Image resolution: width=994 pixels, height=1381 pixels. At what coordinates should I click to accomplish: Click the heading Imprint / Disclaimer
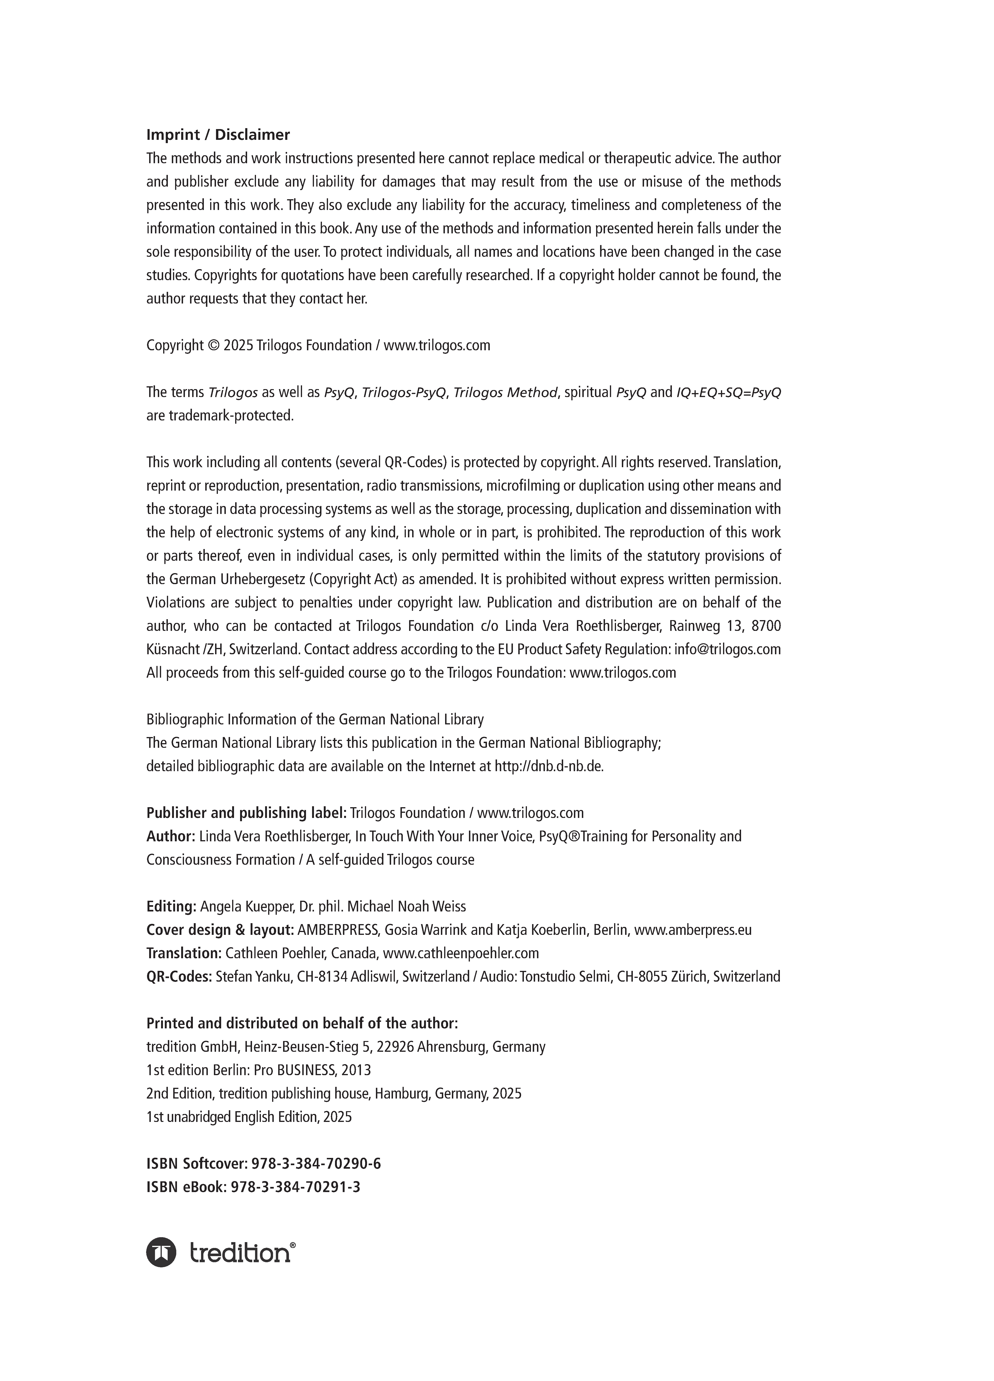[x=218, y=134]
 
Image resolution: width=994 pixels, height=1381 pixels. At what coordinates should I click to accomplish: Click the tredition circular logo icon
[x=161, y=1253]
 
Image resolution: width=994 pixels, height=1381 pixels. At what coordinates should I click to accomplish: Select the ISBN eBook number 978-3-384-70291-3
[x=295, y=1187]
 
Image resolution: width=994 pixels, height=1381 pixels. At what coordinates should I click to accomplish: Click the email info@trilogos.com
[x=727, y=649]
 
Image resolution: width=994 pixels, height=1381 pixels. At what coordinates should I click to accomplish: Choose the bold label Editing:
[x=171, y=906]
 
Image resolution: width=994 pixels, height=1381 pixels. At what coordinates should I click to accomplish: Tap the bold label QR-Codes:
[x=179, y=977]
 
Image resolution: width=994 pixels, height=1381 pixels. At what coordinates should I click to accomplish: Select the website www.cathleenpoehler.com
[x=461, y=953]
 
